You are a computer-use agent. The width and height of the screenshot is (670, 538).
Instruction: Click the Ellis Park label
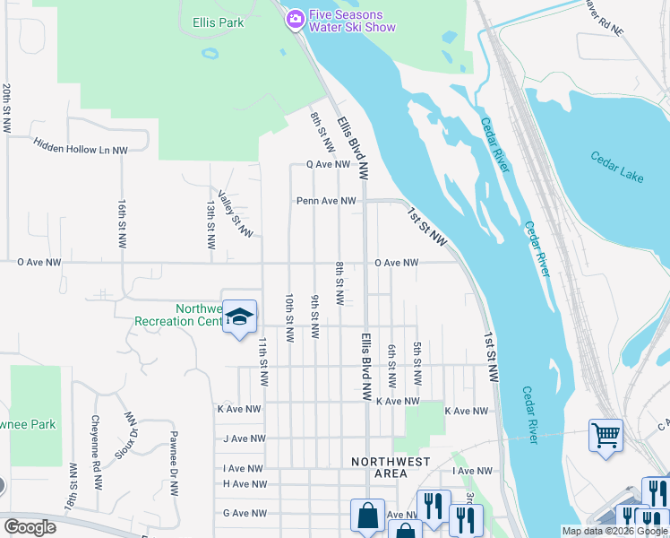pos(218,22)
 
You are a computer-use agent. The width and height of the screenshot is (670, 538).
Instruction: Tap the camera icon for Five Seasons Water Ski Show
pos(295,20)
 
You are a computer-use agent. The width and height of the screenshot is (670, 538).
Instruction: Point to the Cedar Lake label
pos(617,167)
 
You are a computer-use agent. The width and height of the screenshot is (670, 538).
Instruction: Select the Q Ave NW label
pos(328,165)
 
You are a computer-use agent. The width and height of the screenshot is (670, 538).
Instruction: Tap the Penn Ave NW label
pos(327,202)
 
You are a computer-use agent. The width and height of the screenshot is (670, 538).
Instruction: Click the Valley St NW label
pos(235,213)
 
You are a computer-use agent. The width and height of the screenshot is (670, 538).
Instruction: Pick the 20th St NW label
pos(7,110)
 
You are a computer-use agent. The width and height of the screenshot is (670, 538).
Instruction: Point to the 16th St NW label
pos(122,224)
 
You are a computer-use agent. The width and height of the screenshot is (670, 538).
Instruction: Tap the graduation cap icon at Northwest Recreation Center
pos(240,317)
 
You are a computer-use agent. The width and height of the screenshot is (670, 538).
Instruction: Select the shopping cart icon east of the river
pos(606,436)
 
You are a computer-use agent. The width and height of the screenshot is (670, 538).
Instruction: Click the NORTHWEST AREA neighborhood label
pos(391,467)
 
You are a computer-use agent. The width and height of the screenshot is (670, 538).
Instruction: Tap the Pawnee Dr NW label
pos(174,464)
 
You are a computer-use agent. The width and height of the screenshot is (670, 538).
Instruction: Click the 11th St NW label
pos(264,362)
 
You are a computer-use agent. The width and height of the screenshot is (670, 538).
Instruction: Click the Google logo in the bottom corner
pos(30,526)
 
